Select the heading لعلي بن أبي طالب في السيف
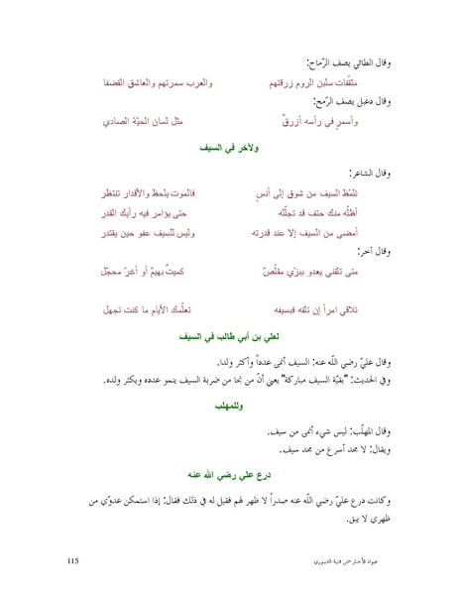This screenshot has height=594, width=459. [229, 335]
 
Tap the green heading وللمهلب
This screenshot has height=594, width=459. [229, 407]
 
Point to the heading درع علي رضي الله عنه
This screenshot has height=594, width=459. [229, 475]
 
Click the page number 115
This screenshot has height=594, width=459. [72, 561]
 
